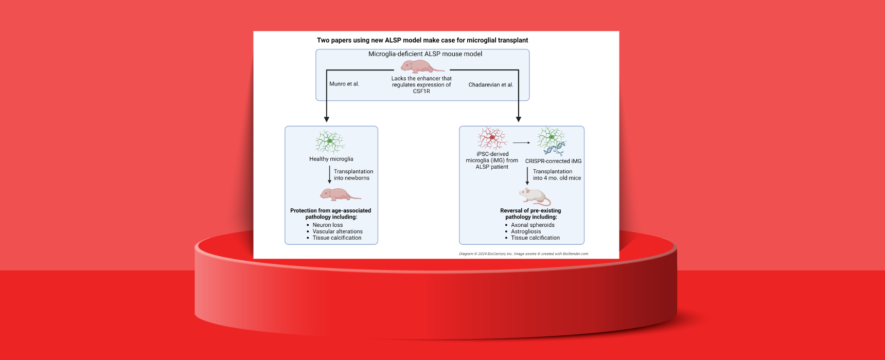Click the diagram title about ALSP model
tap(422, 40)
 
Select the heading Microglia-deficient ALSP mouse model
tap(425, 54)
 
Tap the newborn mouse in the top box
tap(421, 66)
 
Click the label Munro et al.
tap(344, 84)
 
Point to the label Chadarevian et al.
tap(490, 85)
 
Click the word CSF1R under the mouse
tap(421, 92)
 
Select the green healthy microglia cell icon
tap(329, 141)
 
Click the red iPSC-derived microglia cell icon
tap(492, 138)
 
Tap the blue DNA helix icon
tap(554, 150)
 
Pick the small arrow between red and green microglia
tap(521, 143)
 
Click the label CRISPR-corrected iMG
tap(553, 161)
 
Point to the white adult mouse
tap(534, 196)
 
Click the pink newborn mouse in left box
tap(339, 194)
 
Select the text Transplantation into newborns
tap(353, 175)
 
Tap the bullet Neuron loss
tap(327, 225)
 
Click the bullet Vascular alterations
tap(337, 231)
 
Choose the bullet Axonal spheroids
tap(533, 225)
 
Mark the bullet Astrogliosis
tap(525, 231)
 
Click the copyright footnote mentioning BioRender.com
tap(523, 254)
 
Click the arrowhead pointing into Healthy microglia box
tap(326, 119)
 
